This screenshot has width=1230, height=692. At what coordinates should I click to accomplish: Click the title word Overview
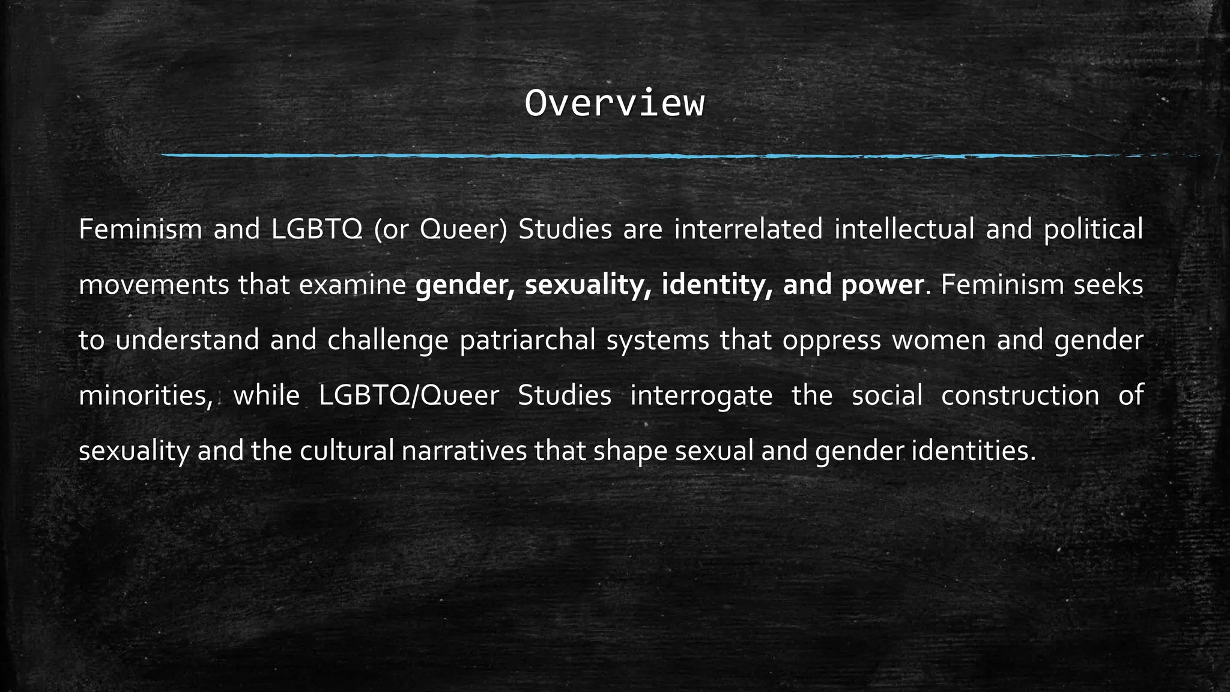click(x=614, y=104)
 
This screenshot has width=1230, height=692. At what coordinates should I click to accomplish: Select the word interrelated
click(x=748, y=229)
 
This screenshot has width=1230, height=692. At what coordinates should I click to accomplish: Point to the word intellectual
click(x=904, y=229)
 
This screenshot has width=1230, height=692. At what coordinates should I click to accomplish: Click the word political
click(x=1093, y=229)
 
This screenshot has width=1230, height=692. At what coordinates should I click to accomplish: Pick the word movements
click(x=154, y=285)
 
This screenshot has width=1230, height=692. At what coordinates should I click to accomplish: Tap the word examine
click(x=352, y=285)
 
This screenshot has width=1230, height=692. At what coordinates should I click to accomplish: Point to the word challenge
click(x=388, y=340)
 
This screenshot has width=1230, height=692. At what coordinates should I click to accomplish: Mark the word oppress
click(x=831, y=340)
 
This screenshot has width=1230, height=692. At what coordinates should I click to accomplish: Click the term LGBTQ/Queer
click(x=408, y=396)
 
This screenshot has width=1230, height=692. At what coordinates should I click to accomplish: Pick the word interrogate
click(x=701, y=396)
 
